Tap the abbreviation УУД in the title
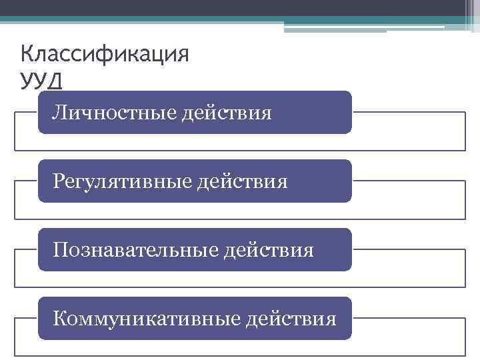click(x=41, y=81)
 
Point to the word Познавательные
click(x=135, y=249)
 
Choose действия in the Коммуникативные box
click(x=291, y=318)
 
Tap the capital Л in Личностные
click(x=60, y=112)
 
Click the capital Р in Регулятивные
click(x=60, y=181)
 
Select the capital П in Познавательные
click(x=61, y=249)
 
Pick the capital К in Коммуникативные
click(x=60, y=318)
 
